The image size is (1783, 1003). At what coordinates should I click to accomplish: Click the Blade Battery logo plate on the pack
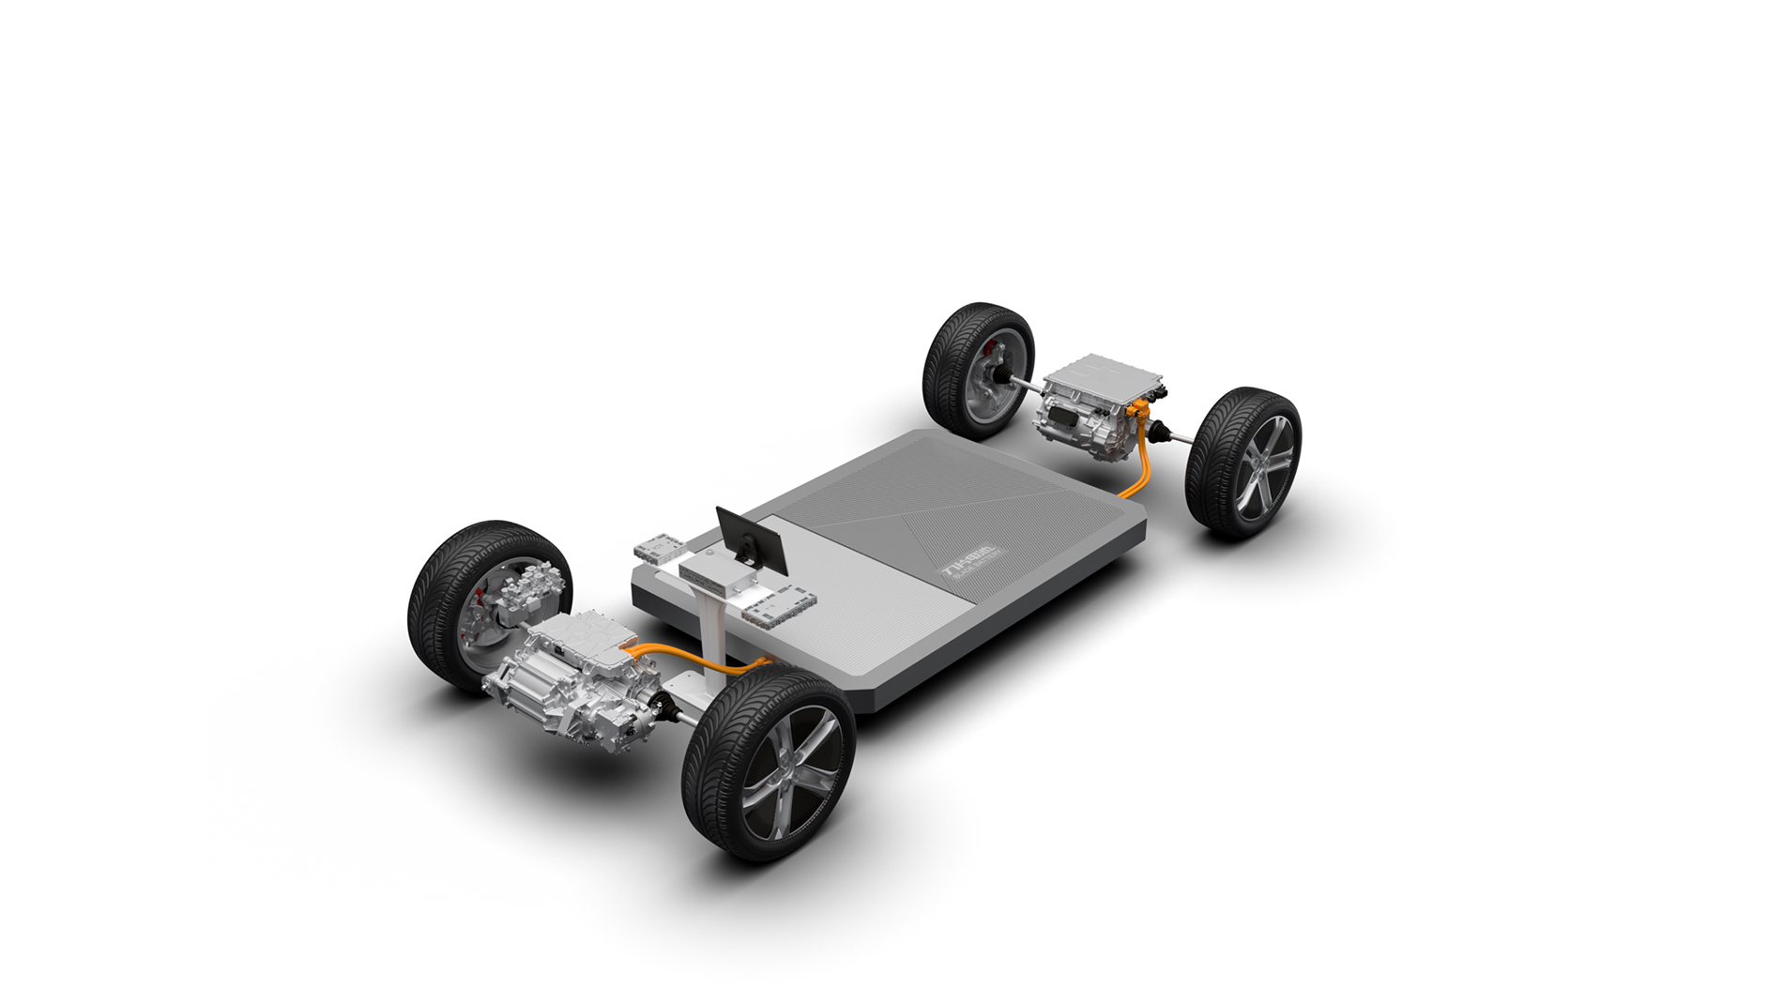tap(972, 564)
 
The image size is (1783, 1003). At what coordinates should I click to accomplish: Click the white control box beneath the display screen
tap(714, 572)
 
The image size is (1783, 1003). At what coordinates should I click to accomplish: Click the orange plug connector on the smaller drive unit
tap(1140, 409)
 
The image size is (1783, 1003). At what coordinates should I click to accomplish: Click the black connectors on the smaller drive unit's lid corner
tap(1154, 386)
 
